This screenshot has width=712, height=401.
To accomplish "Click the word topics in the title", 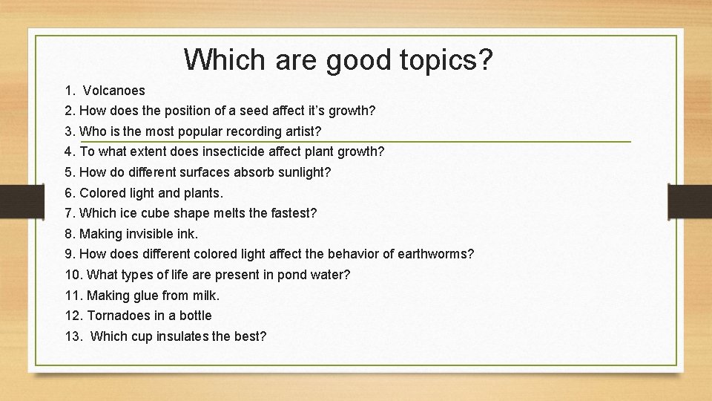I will [442, 59].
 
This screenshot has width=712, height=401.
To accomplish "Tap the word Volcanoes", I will [113, 91].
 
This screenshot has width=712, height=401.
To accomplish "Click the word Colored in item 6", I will [104, 193].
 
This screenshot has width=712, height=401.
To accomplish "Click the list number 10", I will [73, 275].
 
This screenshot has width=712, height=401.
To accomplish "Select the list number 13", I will [73, 336].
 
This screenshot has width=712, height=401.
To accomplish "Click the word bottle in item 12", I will [195, 316].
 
